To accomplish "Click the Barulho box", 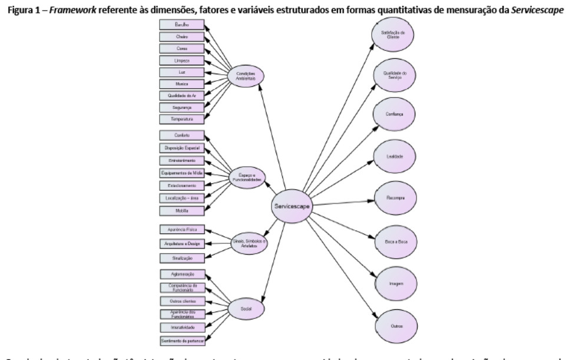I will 181,25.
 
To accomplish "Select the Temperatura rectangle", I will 181,119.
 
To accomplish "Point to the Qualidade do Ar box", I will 181,95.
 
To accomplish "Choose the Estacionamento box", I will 181,185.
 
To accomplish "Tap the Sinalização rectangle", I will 181,258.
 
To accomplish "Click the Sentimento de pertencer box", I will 181,341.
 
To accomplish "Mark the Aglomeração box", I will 181,275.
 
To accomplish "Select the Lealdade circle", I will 393,157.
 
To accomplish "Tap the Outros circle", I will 393,325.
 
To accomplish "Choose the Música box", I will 181,84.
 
